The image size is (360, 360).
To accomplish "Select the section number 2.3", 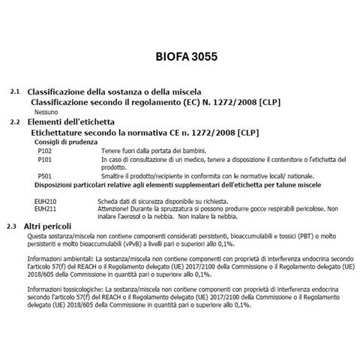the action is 11,226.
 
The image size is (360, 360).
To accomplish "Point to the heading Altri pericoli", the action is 49,226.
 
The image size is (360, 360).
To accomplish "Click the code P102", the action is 44,151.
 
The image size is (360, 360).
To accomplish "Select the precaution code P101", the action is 44,160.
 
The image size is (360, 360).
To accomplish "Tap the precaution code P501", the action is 44,175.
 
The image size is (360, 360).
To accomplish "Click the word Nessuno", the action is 46,110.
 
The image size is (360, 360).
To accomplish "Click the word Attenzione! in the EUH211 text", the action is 118,210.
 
